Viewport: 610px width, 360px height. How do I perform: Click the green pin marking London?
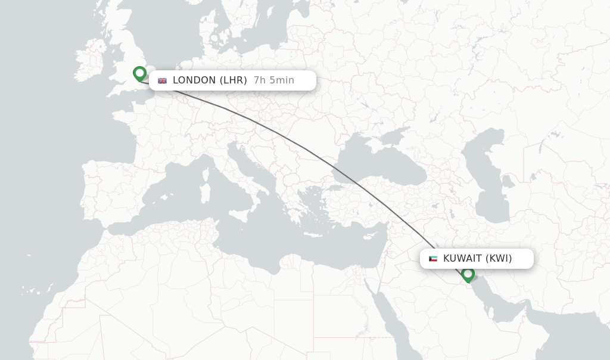point(140,73)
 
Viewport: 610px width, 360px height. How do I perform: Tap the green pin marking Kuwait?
point(468,274)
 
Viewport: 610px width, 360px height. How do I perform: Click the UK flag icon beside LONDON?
point(162,80)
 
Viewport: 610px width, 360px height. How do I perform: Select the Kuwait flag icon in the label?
point(433,259)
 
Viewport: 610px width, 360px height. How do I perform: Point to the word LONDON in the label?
point(194,80)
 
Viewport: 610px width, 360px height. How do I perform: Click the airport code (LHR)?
point(233,80)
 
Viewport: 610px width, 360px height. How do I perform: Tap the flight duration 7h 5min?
point(273,80)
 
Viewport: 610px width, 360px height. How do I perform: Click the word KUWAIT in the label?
point(462,259)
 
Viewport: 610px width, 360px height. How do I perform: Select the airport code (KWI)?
point(499,259)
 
